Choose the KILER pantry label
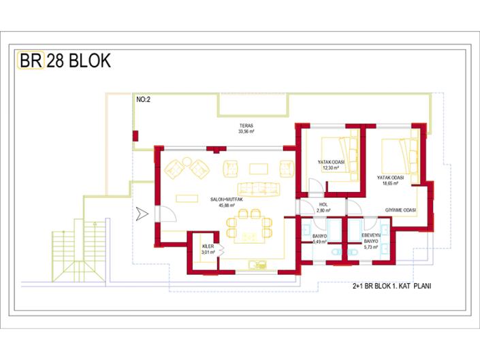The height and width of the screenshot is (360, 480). pyautogui.click(x=208, y=246)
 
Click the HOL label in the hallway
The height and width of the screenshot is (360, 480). pyautogui.click(x=323, y=205)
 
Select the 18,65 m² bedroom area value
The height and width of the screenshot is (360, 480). pyautogui.click(x=391, y=184)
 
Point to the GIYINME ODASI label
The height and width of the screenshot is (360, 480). pyautogui.click(x=400, y=210)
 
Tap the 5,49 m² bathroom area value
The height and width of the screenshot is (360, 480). pyautogui.click(x=320, y=242)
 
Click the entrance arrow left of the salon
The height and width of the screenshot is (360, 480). pyautogui.click(x=141, y=214)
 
